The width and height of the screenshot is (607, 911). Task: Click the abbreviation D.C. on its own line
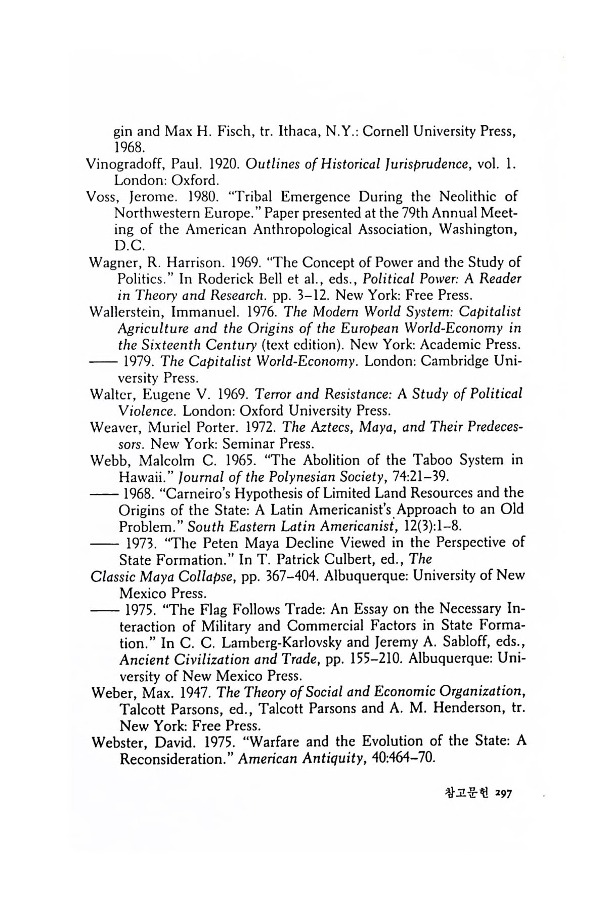point(130,246)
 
